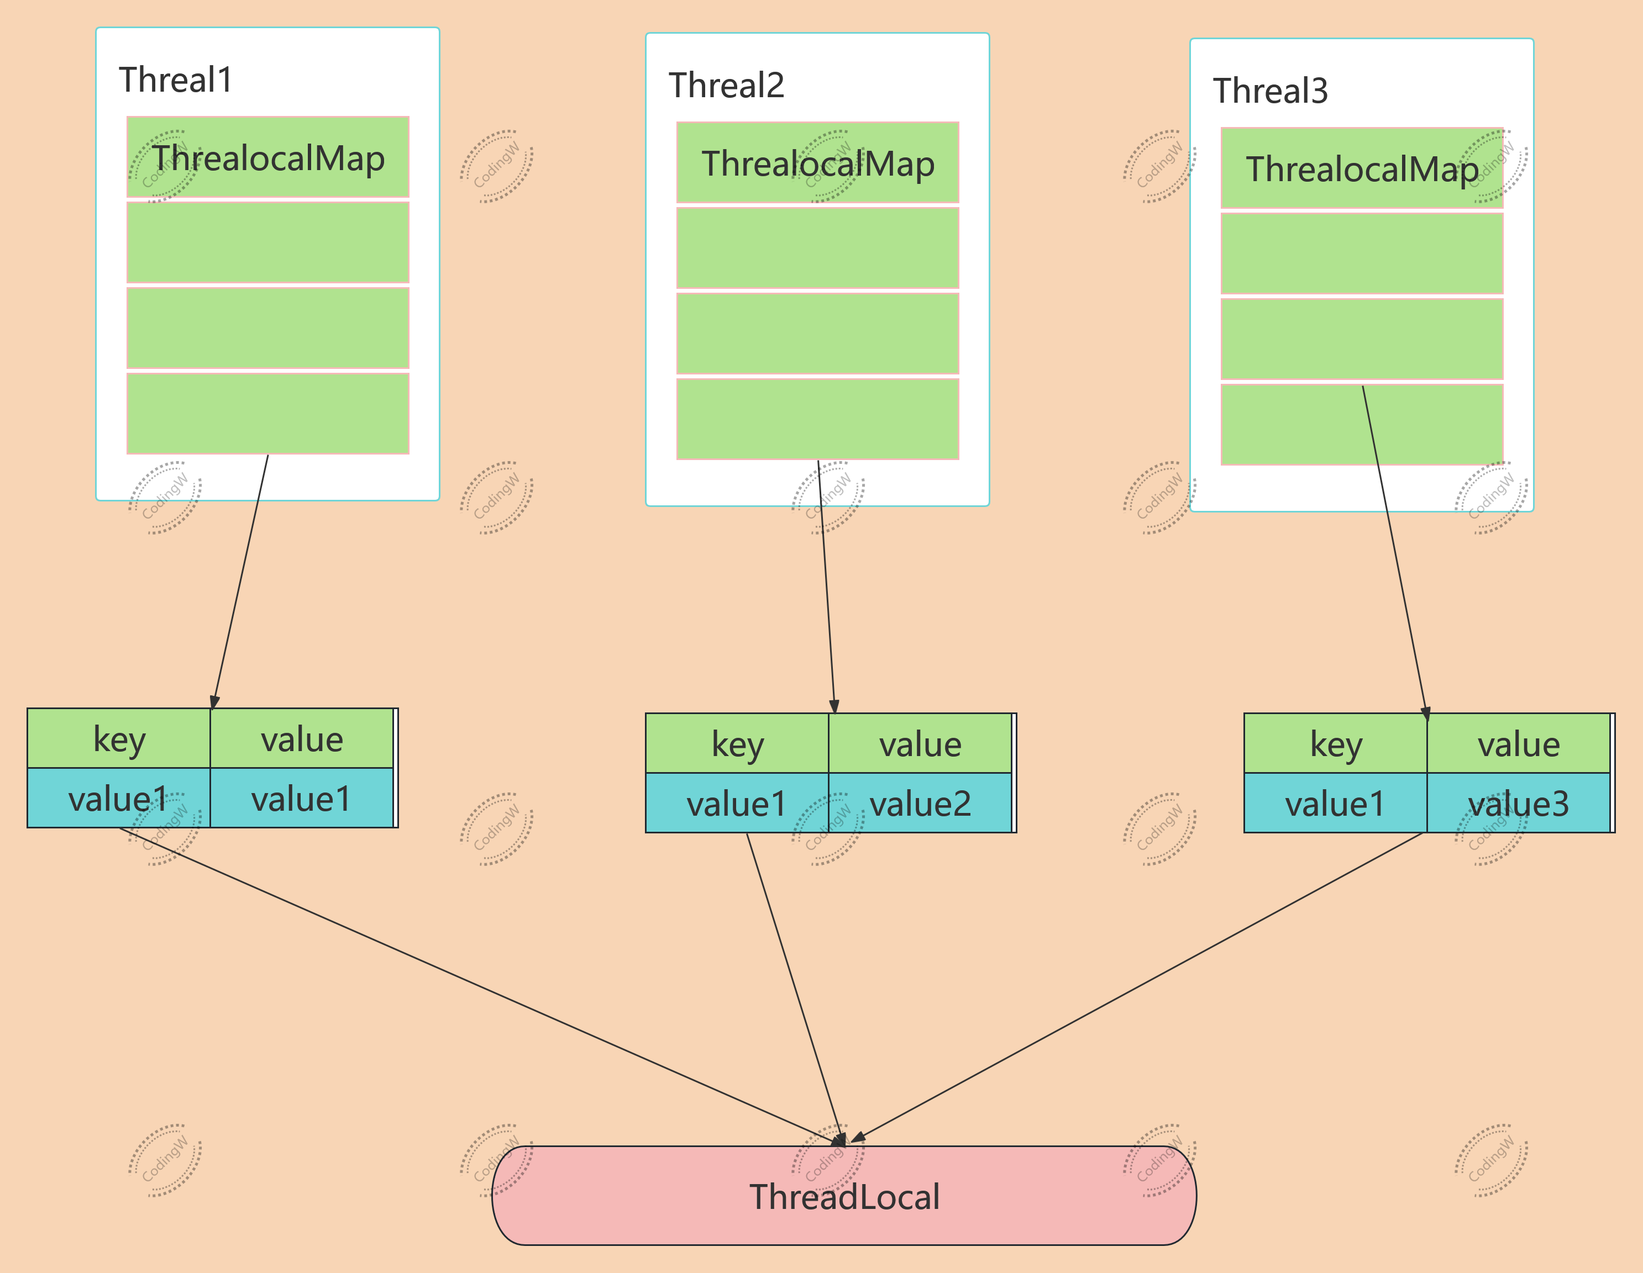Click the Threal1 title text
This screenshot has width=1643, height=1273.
(176, 80)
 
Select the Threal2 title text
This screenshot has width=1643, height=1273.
(726, 85)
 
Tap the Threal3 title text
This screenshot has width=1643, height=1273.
(1270, 91)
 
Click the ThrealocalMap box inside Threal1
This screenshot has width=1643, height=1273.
(268, 157)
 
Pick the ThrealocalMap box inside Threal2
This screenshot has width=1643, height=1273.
(818, 163)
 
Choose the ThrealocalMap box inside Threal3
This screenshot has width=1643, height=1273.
(1362, 168)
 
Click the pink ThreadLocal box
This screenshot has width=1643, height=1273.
(844, 1196)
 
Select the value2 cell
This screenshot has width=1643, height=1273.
(920, 803)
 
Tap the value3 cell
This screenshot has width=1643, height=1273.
(1518, 803)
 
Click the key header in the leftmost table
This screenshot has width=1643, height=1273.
(119, 738)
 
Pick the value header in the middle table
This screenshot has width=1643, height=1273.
(920, 744)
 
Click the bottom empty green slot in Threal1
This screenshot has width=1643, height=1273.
(268, 414)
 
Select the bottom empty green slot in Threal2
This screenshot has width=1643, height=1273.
(818, 419)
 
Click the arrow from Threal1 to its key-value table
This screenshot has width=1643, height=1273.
(241, 579)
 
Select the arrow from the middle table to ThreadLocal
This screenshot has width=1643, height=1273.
(794, 985)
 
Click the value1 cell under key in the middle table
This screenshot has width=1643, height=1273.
(737, 803)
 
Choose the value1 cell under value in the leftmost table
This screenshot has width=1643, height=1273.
(301, 799)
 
